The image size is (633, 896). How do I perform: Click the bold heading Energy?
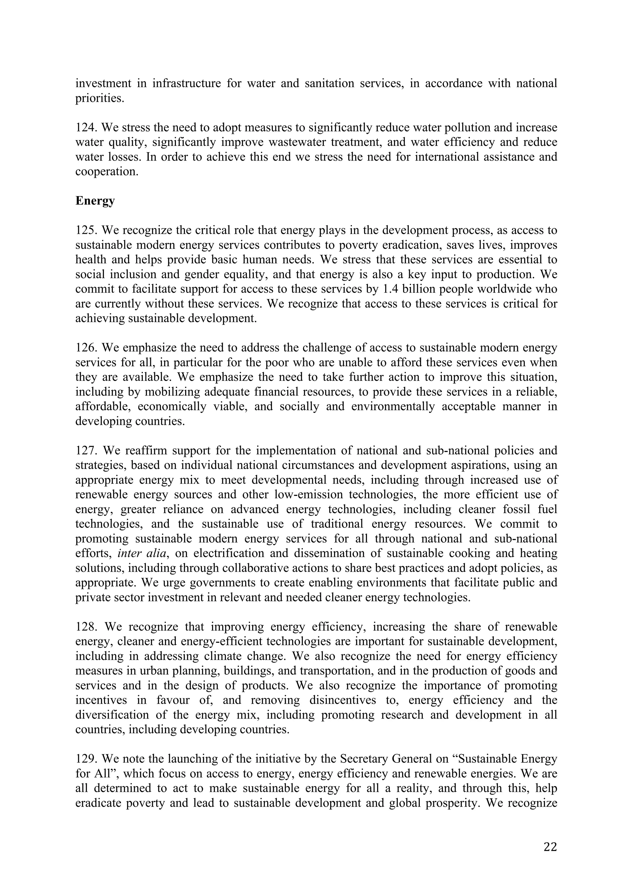pyautogui.click(x=95, y=201)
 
